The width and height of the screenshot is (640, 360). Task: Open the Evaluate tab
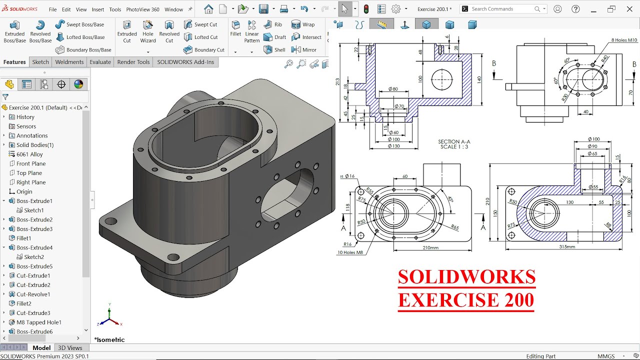point(100,62)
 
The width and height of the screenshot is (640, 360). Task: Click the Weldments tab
point(69,62)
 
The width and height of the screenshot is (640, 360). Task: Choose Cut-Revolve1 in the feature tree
point(33,294)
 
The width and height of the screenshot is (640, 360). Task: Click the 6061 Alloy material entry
point(29,154)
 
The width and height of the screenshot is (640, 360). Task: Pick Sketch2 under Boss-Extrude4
point(34,257)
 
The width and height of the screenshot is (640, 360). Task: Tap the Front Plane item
point(31,163)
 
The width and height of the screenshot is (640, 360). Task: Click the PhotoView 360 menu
point(142,9)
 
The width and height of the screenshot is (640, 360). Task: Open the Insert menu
point(98,9)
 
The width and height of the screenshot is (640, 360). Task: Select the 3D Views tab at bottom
point(70,348)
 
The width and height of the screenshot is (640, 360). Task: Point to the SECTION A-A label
point(454,142)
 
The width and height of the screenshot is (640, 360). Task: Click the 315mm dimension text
point(566,247)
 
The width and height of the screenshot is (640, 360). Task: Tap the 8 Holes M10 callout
point(624,40)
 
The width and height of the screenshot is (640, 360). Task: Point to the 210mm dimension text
point(430,247)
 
